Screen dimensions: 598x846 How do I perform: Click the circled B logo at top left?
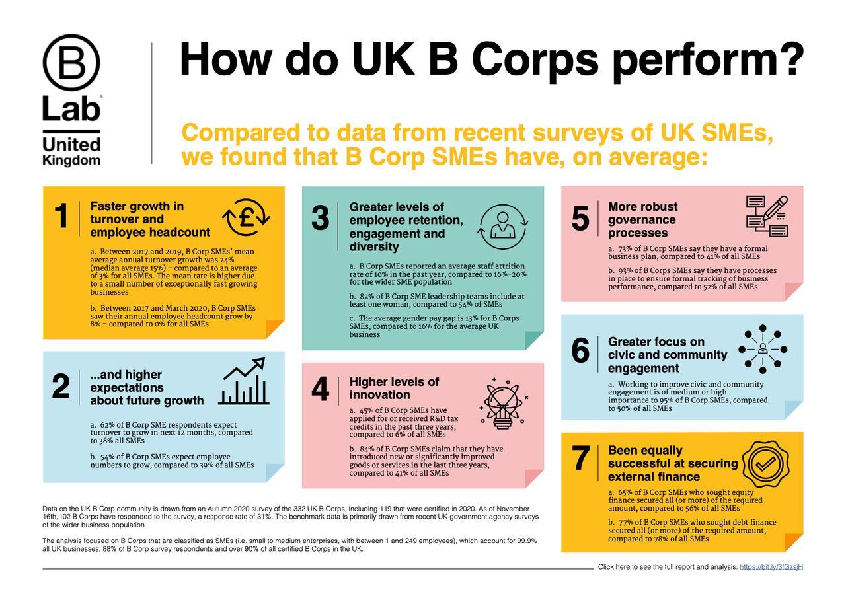coord(71,63)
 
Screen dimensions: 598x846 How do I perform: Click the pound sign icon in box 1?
coord(246,217)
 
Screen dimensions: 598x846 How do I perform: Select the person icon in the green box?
coord(503,225)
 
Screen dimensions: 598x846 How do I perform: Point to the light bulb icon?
coord(504,404)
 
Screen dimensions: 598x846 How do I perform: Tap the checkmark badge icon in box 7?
coord(765,465)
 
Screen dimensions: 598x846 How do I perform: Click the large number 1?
coord(61,217)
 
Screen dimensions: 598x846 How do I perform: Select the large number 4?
coord(320,390)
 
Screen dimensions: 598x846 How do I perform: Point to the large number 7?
coord(580,459)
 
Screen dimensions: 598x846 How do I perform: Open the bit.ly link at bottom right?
coord(771,567)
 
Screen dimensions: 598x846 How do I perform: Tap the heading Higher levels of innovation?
coord(394,389)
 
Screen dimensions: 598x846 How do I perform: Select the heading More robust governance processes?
coord(642,219)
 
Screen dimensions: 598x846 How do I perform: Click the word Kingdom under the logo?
coord(71,160)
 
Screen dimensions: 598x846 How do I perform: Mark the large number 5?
coord(580,219)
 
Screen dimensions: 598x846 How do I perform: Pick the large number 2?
coord(60,387)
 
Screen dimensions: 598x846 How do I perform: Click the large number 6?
coord(580,351)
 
